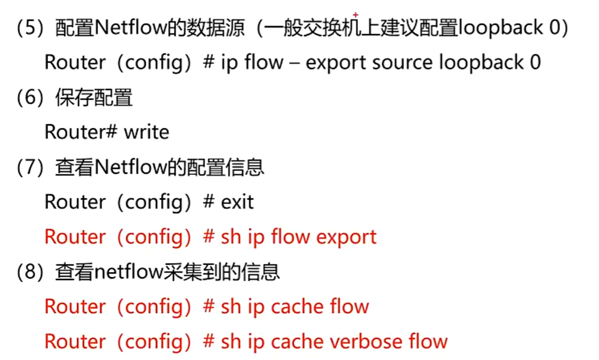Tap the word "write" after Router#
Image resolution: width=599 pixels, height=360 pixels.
146,132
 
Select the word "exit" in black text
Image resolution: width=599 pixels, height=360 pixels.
237,202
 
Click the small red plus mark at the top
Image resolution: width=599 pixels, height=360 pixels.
355,15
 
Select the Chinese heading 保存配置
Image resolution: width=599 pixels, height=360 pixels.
94,98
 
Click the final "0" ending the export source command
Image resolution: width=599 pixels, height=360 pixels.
535,63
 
